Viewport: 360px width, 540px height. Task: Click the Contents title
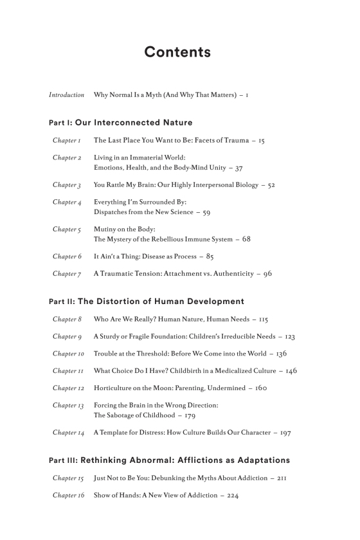point(177,53)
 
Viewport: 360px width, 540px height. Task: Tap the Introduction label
point(66,95)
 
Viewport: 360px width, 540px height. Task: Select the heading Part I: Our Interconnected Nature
point(120,122)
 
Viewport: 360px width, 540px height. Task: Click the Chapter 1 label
point(66,140)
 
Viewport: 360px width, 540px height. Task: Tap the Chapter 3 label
point(66,185)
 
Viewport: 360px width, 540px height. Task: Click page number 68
point(246,239)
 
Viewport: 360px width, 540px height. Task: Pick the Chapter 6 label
point(66,256)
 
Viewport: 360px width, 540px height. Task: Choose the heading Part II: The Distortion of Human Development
point(147,301)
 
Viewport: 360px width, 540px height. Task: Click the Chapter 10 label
point(68,354)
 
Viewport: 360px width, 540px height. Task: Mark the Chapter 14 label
point(68,433)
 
